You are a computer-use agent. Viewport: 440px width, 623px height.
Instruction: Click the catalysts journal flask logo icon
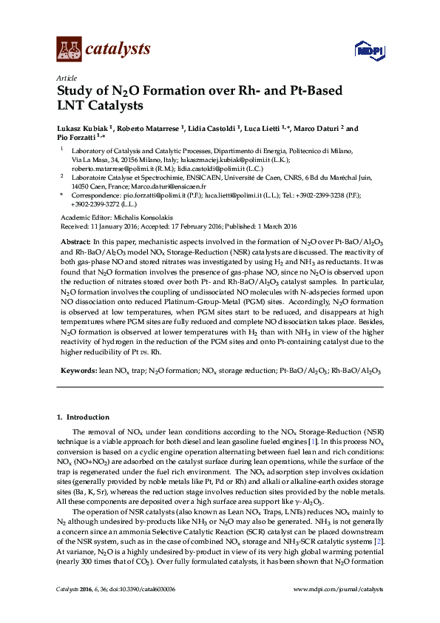pos(69,49)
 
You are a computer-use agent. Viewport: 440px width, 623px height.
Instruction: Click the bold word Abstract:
pos(74,243)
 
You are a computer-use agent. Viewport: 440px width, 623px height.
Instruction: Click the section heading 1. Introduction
pos(83,418)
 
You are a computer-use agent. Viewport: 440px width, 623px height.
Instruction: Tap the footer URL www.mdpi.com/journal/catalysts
pos(339,610)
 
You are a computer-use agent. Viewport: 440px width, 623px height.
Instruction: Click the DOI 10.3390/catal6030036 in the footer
pos(142,610)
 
